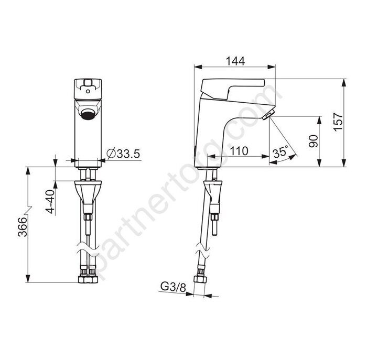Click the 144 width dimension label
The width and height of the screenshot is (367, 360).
coord(235,61)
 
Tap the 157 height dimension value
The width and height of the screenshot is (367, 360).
coord(339,122)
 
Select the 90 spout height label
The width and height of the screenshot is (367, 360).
coord(314,141)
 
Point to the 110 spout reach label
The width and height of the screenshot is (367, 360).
coord(239,151)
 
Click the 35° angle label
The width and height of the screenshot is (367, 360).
coord(280,152)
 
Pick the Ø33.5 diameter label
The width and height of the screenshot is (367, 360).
coord(123,154)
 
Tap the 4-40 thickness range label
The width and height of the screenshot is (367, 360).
coord(50,201)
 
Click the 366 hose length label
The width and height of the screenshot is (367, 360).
coord(23,227)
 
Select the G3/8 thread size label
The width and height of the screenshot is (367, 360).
coord(173,287)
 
